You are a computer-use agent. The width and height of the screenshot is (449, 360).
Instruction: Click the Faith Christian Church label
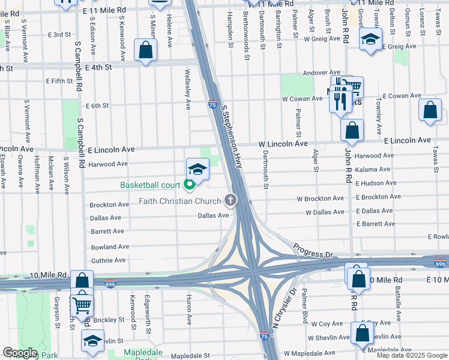[x=179, y=201]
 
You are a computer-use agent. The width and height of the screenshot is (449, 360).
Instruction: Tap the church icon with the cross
[x=230, y=200]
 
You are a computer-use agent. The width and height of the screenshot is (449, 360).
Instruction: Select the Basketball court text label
[x=150, y=185]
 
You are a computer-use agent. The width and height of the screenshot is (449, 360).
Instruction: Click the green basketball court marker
[x=190, y=185]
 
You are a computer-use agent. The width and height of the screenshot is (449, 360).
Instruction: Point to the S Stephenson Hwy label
[x=231, y=137]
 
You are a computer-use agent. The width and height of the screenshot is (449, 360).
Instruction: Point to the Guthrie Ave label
[x=108, y=260]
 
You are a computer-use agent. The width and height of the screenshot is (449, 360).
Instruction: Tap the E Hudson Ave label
[x=376, y=183]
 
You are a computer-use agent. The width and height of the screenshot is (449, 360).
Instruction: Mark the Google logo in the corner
[x=20, y=353]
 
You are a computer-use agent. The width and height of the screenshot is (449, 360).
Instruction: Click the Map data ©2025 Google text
[x=412, y=355]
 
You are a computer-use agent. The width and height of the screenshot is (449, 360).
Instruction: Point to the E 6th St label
[x=97, y=106]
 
